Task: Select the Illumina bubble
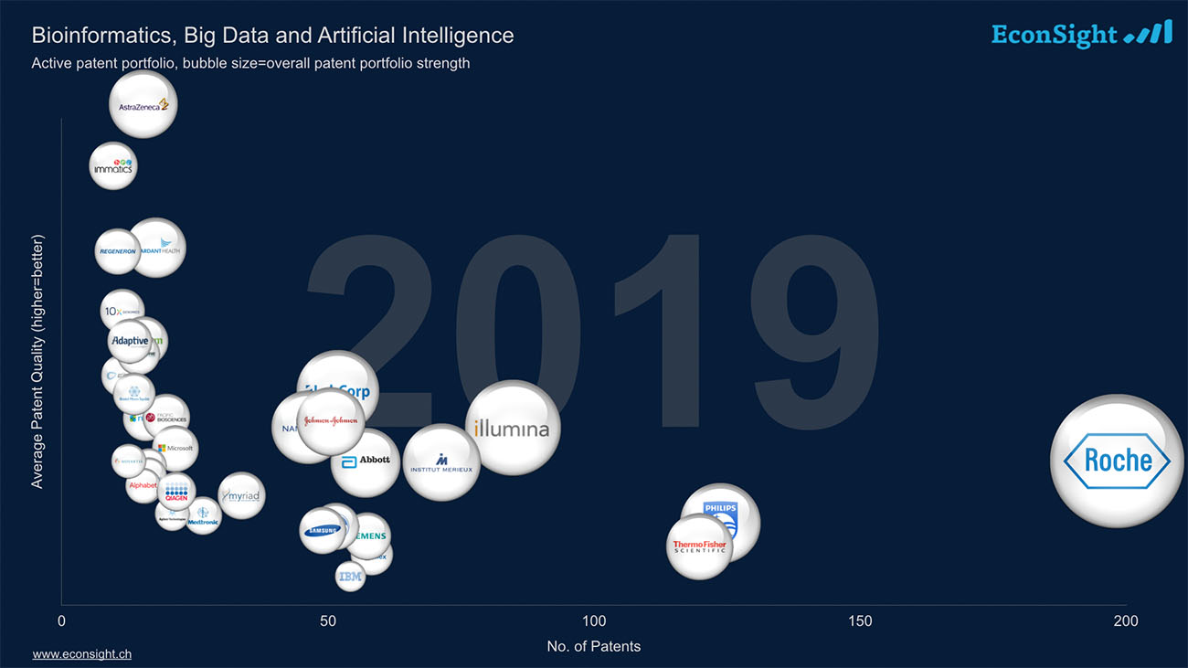(x=513, y=428)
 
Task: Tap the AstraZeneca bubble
(x=143, y=105)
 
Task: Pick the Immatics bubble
(x=113, y=166)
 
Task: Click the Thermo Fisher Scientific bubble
(x=699, y=547)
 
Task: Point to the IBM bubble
(x=350, y=577)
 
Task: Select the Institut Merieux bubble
(x=441, y=462)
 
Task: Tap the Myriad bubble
(x=242, y=496)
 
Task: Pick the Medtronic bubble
(x=203, y=517)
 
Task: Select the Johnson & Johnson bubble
(x=331, y=421)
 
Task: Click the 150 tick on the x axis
(x=860, y=621)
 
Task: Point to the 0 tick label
(x=61, y=621)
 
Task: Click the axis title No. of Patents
(x=593, y=646)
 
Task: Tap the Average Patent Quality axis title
(x=37, y=361)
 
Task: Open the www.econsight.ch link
(x=81, y=654)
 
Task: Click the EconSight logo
(x=1081, y=34)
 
